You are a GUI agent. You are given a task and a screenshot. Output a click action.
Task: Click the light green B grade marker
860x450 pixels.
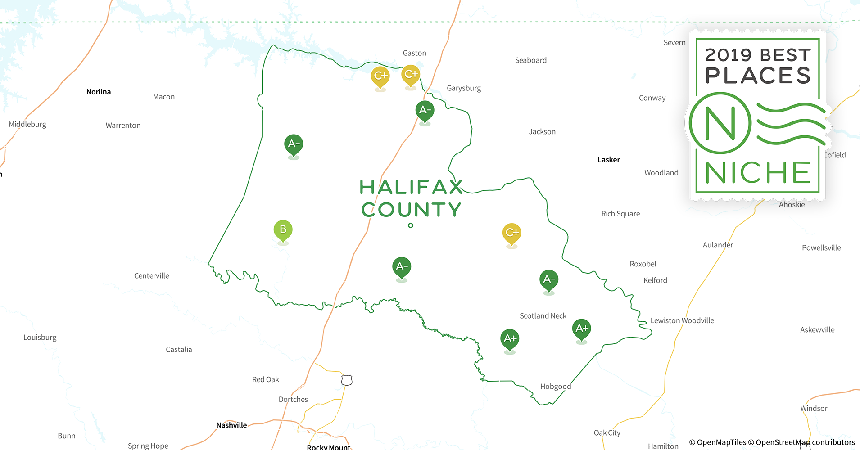[283, 230]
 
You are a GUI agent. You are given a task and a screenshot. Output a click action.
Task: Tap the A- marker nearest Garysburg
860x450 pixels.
[425, 111]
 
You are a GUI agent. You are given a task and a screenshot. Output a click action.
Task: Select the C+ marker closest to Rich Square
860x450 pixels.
[511, 233]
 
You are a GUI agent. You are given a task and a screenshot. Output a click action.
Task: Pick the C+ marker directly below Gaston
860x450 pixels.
[411, 75]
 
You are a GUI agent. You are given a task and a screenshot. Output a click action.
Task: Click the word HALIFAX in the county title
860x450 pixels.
[411, 187]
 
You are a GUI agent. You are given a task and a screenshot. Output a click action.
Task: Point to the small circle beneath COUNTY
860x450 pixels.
[411, 225]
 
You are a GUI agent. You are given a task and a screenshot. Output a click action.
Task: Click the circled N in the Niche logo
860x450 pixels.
[720, 123]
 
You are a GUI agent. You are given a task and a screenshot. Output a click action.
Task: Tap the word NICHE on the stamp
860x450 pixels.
[758, 173]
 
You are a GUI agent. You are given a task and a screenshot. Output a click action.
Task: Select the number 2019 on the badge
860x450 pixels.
[729, 55]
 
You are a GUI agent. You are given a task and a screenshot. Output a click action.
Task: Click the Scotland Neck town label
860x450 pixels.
[543, 316]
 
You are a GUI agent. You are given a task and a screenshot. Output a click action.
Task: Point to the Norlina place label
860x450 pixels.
[99, 92]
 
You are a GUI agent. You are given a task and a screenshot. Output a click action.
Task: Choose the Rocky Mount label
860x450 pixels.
[328, 447]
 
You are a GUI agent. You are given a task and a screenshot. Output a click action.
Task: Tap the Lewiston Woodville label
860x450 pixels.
[682, 320]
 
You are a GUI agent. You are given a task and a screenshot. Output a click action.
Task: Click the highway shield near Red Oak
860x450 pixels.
[346, 380]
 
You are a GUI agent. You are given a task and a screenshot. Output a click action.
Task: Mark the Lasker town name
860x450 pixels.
[608, 160]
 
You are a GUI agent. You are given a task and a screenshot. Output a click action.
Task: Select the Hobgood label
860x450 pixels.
[556, 387]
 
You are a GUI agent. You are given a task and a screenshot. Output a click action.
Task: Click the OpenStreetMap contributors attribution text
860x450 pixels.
[805, 442]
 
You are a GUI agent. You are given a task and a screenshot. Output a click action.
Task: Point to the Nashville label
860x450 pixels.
[231, 425]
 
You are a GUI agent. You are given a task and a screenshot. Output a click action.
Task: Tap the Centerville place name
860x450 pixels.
[152, 276]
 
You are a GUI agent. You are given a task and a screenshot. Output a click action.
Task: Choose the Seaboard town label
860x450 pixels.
[531, 60]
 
